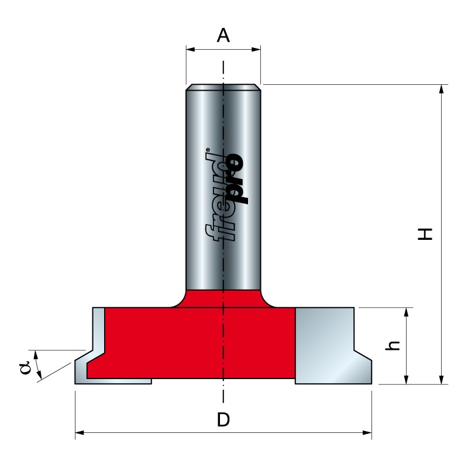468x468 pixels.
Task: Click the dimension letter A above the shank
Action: pos(223,36)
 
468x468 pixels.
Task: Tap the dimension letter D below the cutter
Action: pos(223,419)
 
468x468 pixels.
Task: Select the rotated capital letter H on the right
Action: pos(425,234)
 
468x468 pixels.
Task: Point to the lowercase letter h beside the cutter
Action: pos(393,345)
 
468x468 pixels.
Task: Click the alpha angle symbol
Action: pos(25,367)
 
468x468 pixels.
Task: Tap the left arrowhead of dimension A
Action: pos(191,49)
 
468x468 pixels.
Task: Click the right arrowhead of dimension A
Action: pos(256,49)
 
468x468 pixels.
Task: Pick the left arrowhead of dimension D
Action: pos(80,432)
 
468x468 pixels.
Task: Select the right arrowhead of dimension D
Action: pos(367,432)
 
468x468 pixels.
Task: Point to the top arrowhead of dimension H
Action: pos(442,90)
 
